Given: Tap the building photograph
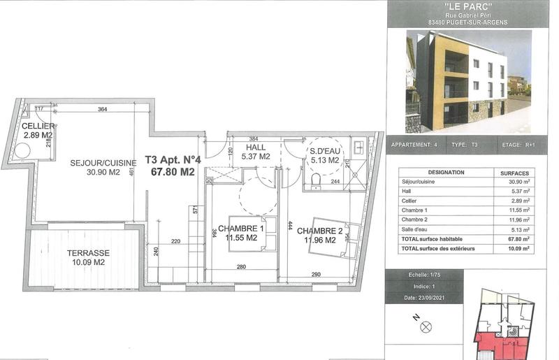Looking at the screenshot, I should coord(467,81).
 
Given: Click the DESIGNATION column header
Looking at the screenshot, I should coord(445,172).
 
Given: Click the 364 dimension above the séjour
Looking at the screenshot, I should coord(102,109).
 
